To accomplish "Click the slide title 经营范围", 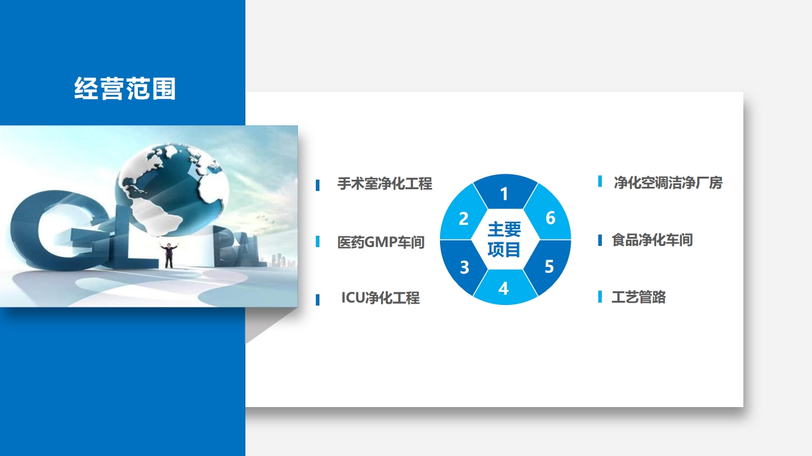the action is click(x=125, y=88).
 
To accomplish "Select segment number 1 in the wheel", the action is click(x=505, y=192).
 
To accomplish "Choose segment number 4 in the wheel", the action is click(x=505, y=288).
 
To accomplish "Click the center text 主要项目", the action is click(x=505, y=239).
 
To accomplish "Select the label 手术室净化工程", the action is click(x=385, y=183).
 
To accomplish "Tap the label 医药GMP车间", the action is click(x=381, y=242).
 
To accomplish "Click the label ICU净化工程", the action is click(x=380, y=298).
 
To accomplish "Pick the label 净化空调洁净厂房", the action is click(x=668, y=183).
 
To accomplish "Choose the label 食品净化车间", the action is click(x=652, y=240).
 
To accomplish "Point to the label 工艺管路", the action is click(x=639, y=297).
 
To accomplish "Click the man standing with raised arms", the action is click(x=169, y=255).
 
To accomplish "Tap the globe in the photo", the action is click(x=173, y=189).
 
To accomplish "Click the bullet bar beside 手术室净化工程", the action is click(x=318, y=185).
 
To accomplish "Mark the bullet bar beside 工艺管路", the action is click(x=600, y=297).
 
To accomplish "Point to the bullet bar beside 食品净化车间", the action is click(x=600, y=240).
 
